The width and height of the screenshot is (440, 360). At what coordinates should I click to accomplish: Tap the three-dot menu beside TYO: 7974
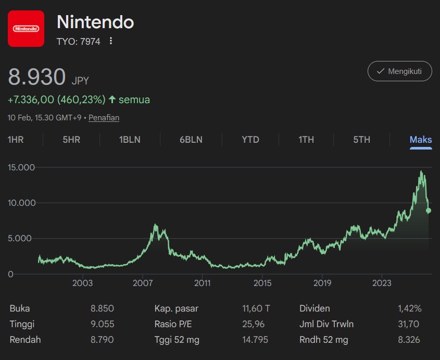(x=111, y=41)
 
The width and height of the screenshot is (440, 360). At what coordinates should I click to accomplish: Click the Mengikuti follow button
(x=399, y=71)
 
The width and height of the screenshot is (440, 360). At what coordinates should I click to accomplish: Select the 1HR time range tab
(x=16, y=140)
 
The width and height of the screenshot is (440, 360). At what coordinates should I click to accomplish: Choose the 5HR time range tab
(x=71, y=140)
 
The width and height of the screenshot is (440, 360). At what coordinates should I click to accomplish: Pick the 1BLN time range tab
(x=130, y=140)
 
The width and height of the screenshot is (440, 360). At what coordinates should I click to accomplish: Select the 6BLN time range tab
(x=191, y=140)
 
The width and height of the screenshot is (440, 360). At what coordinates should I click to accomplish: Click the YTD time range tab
(x=250, y=140)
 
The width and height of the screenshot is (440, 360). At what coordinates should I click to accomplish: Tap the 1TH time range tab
(x=306, y=140)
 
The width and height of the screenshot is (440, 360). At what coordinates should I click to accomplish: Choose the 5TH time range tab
(x=361, y=140)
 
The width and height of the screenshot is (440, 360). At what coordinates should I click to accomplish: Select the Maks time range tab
(x=421, y=140)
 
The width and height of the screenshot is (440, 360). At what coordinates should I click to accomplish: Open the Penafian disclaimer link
(x=104, y=118)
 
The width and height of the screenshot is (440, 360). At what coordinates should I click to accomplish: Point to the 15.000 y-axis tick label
(x=21, y=168)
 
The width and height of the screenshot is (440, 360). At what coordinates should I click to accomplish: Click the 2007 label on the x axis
(x=143, y=283)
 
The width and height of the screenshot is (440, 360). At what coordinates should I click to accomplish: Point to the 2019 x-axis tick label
(x=322, y=283)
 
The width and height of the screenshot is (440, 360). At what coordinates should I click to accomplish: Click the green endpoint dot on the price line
(x=429, y=210)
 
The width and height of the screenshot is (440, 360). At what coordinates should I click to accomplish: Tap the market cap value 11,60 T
(x=256, y=308)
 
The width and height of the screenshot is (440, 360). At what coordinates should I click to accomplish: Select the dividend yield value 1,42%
(x=409, y=308)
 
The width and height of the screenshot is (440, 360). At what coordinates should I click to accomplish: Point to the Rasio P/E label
(x=173, y=324)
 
